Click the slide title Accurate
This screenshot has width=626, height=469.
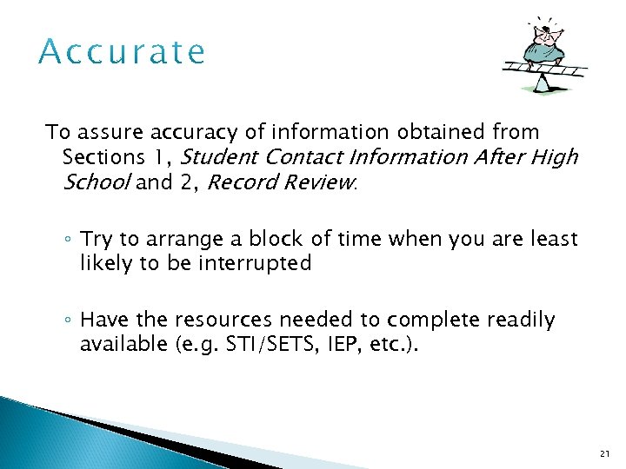click(123, 52)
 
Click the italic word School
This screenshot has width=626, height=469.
click(97, 182)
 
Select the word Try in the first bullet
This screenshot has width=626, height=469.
click(97, 239)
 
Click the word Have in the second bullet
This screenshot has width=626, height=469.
click(103, 320)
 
